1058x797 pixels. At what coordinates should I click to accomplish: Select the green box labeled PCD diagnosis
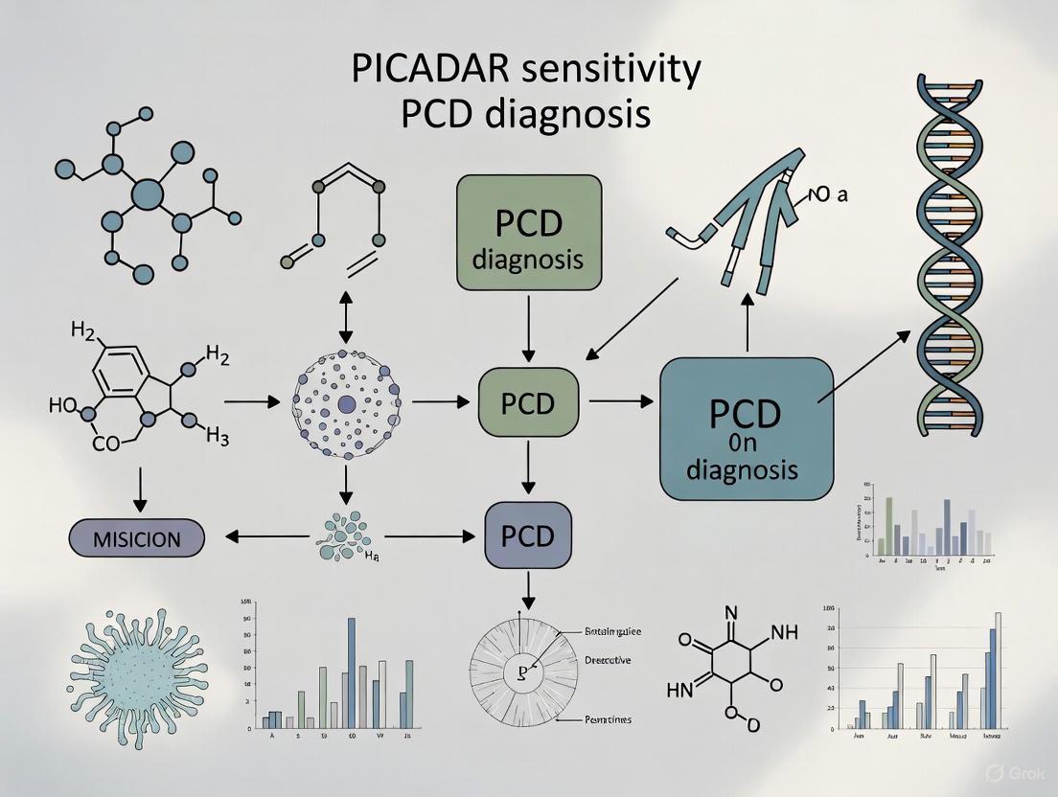(529, 232)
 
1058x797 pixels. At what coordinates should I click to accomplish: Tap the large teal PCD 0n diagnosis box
(746, 427)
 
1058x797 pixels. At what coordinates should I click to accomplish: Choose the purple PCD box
(528, 535)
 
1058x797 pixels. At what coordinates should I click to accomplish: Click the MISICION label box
(137, 539)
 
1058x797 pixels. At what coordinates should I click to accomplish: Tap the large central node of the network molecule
(147, 195)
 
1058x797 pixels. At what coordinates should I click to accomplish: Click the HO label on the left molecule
(61, 404)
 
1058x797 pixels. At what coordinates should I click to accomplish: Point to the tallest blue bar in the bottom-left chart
(351, 672)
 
